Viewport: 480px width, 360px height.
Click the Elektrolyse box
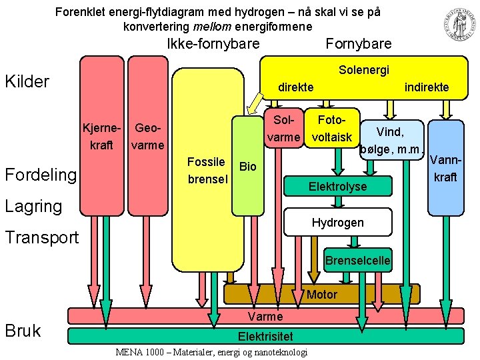(x=337, y=187)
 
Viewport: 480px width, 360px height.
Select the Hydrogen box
(x=337, y=222)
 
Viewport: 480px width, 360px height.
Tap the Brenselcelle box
(x=357, y=260)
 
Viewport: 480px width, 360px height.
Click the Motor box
(x=322, y=294)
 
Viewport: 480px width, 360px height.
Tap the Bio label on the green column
(x=247, y=167)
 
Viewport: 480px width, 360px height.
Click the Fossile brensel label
(x=207, y=170)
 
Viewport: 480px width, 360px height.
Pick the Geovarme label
(x=148, y=135)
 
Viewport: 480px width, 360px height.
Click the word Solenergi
(x=364, y=70)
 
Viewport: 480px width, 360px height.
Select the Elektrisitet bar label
(x=265, y=335)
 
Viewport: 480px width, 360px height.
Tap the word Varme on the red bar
(x=265, y=316)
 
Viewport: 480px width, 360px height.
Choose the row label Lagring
(x=33, y=206)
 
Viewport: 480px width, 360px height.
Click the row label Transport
(x=42, y=237)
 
